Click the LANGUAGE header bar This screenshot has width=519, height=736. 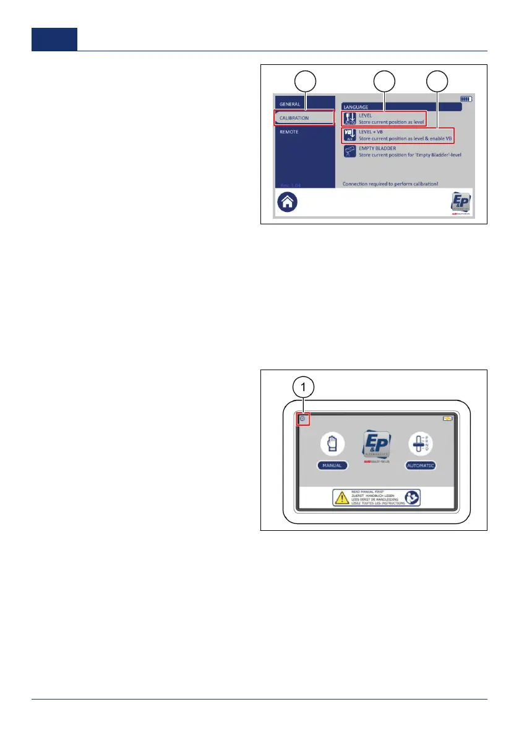point(401,107)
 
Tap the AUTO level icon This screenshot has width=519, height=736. point(350,119)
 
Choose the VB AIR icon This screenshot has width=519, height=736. point(350,135)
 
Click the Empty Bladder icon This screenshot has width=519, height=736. point(350,152)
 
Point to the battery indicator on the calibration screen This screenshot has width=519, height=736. point(466,98)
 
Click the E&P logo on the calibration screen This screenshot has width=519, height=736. point(461,203)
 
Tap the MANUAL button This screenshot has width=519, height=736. point(332,465)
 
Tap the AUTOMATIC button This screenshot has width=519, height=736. point(421,465)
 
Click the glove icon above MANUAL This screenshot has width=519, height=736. point(332,444)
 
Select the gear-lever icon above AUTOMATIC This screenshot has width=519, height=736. point(421,444)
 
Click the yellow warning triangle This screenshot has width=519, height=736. point(341,497)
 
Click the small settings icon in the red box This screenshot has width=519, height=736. point(302,420)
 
